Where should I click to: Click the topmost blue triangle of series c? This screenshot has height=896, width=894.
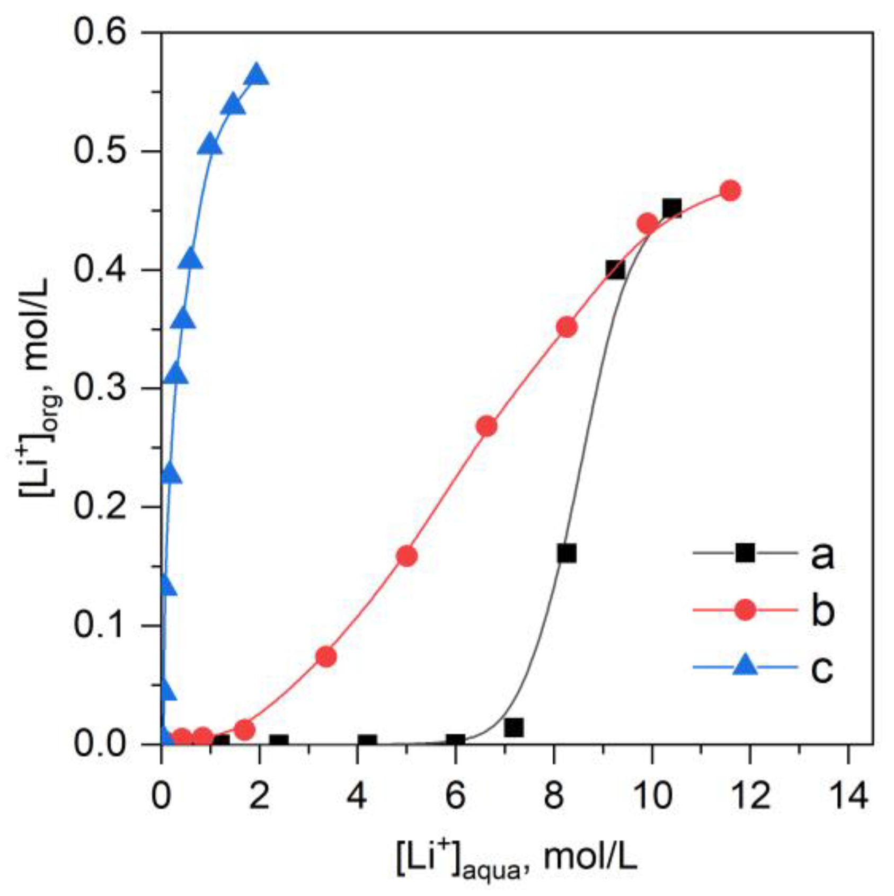(x=257, y=75)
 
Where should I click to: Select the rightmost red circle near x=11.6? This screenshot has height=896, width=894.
(x=730, y=191)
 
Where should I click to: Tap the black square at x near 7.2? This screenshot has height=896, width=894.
(x=514, y=727)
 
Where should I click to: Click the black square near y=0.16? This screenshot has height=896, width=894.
(x=567, y=554)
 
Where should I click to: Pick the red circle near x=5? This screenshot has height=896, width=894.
(x=406, y=556)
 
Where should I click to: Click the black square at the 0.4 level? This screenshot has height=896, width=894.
(x=615, y=270)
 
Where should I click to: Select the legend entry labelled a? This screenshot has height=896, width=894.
(x=822, y=555)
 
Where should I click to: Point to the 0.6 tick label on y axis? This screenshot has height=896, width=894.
(x=93, y=32)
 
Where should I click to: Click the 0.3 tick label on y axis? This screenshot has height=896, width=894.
(x=93, y=389)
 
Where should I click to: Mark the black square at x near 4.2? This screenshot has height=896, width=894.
(x=367, y=741)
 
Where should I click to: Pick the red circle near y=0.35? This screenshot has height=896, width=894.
(x=567, y=328)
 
